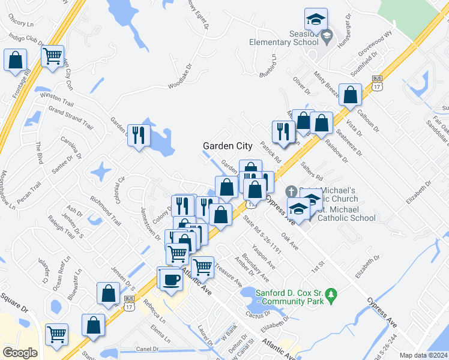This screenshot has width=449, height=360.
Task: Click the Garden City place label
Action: (228, 145)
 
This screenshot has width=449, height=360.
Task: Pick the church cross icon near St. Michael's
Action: (292, 191)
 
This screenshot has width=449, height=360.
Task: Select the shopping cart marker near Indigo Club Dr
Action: (53, 57)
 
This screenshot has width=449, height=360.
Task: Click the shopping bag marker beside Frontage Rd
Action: (15, 61)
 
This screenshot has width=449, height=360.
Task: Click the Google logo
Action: (20, 353)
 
